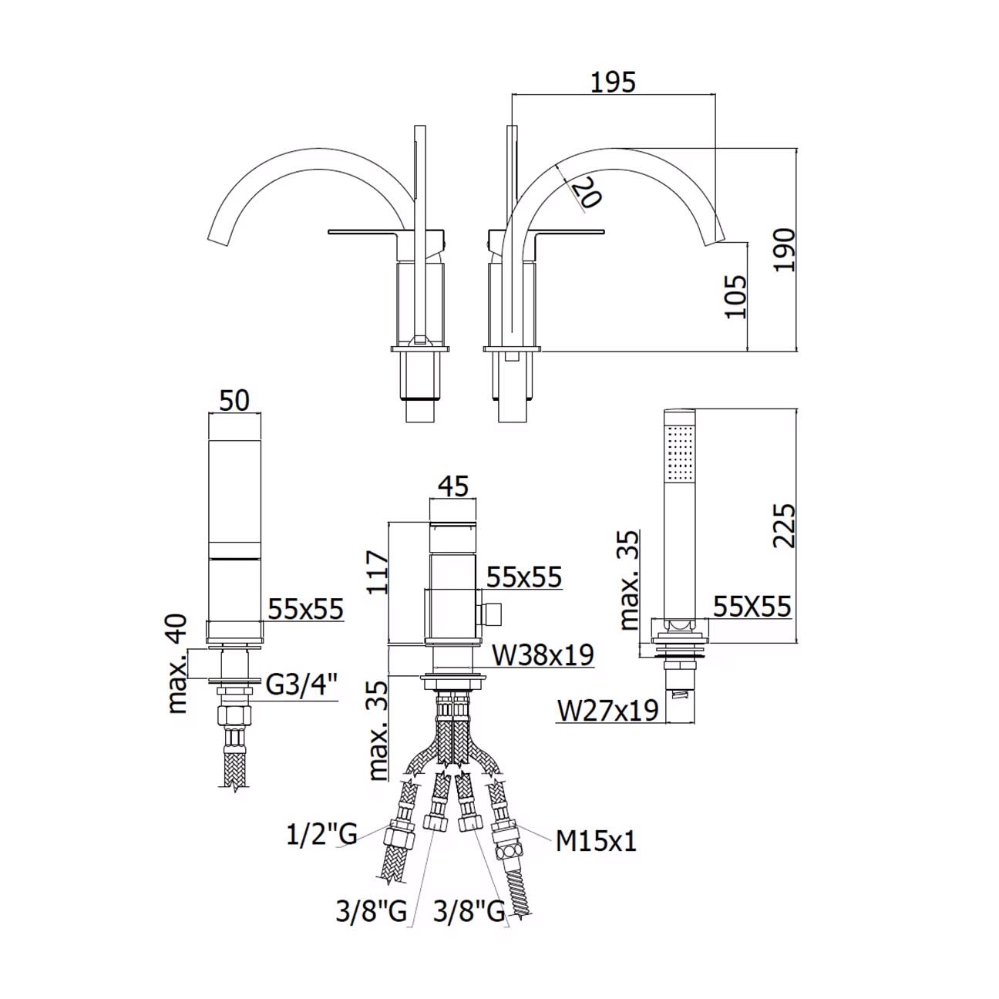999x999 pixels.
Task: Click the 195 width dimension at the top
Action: (613, 82)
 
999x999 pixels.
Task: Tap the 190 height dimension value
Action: (784, 250)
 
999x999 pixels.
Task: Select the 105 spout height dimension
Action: (735, 297)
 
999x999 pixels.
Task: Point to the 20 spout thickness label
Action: (587, 192)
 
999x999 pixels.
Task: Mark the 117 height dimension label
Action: (377, 572)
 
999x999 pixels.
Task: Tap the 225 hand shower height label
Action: (783, 525)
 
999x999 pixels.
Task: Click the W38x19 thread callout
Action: (542, 655)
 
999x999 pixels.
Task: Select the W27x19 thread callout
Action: (607, 710)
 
